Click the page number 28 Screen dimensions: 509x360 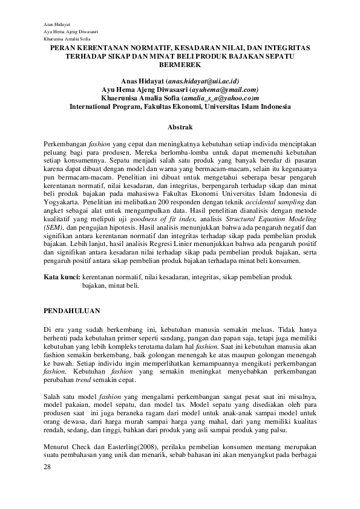pos(49,467)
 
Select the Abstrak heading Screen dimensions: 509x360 pos(180,127)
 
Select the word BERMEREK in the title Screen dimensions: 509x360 pos(180,63)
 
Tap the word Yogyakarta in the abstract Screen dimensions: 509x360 pos(62,201)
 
